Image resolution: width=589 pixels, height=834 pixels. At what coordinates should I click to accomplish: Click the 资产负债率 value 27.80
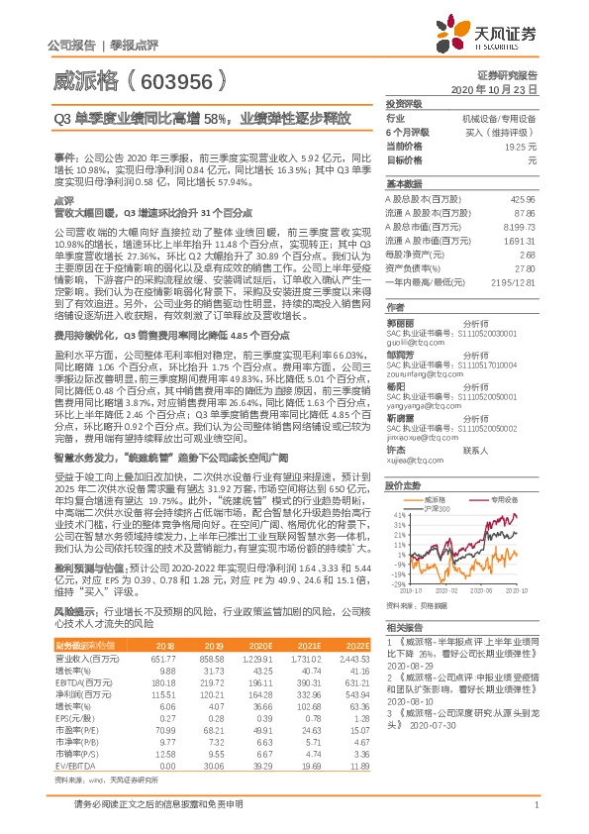coord(525,267)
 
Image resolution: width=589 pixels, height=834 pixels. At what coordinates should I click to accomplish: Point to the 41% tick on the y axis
coord(397,515)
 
